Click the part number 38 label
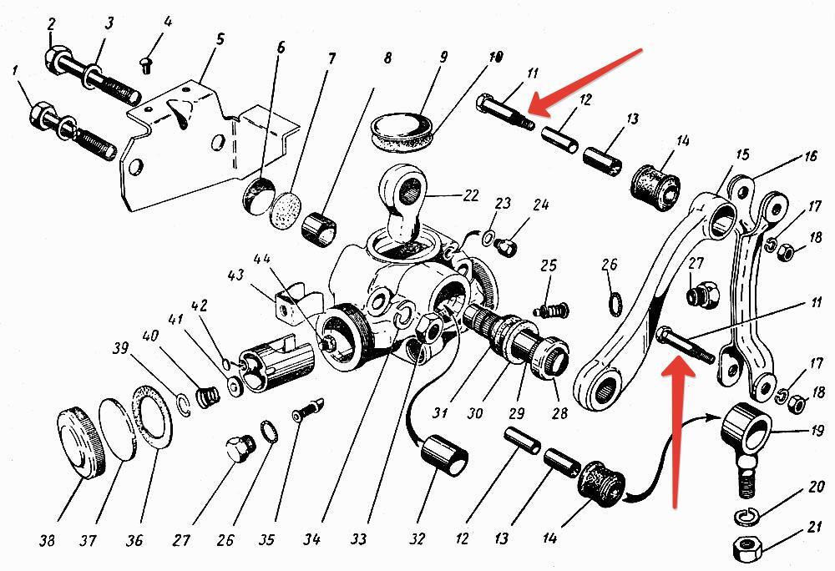47,541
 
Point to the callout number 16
809,157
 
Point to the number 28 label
559,413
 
